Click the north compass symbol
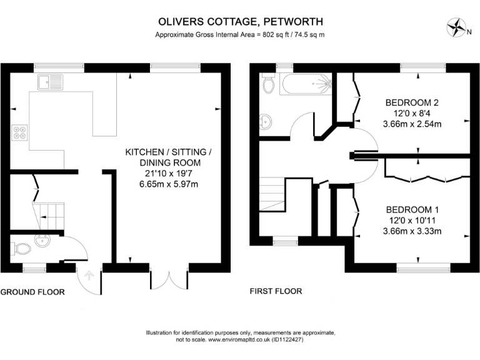click(458, 28)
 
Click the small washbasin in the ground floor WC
click(43, 240)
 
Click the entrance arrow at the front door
click(87, 274)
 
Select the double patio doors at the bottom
click(169, 277)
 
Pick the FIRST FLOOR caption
click(276, 291)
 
